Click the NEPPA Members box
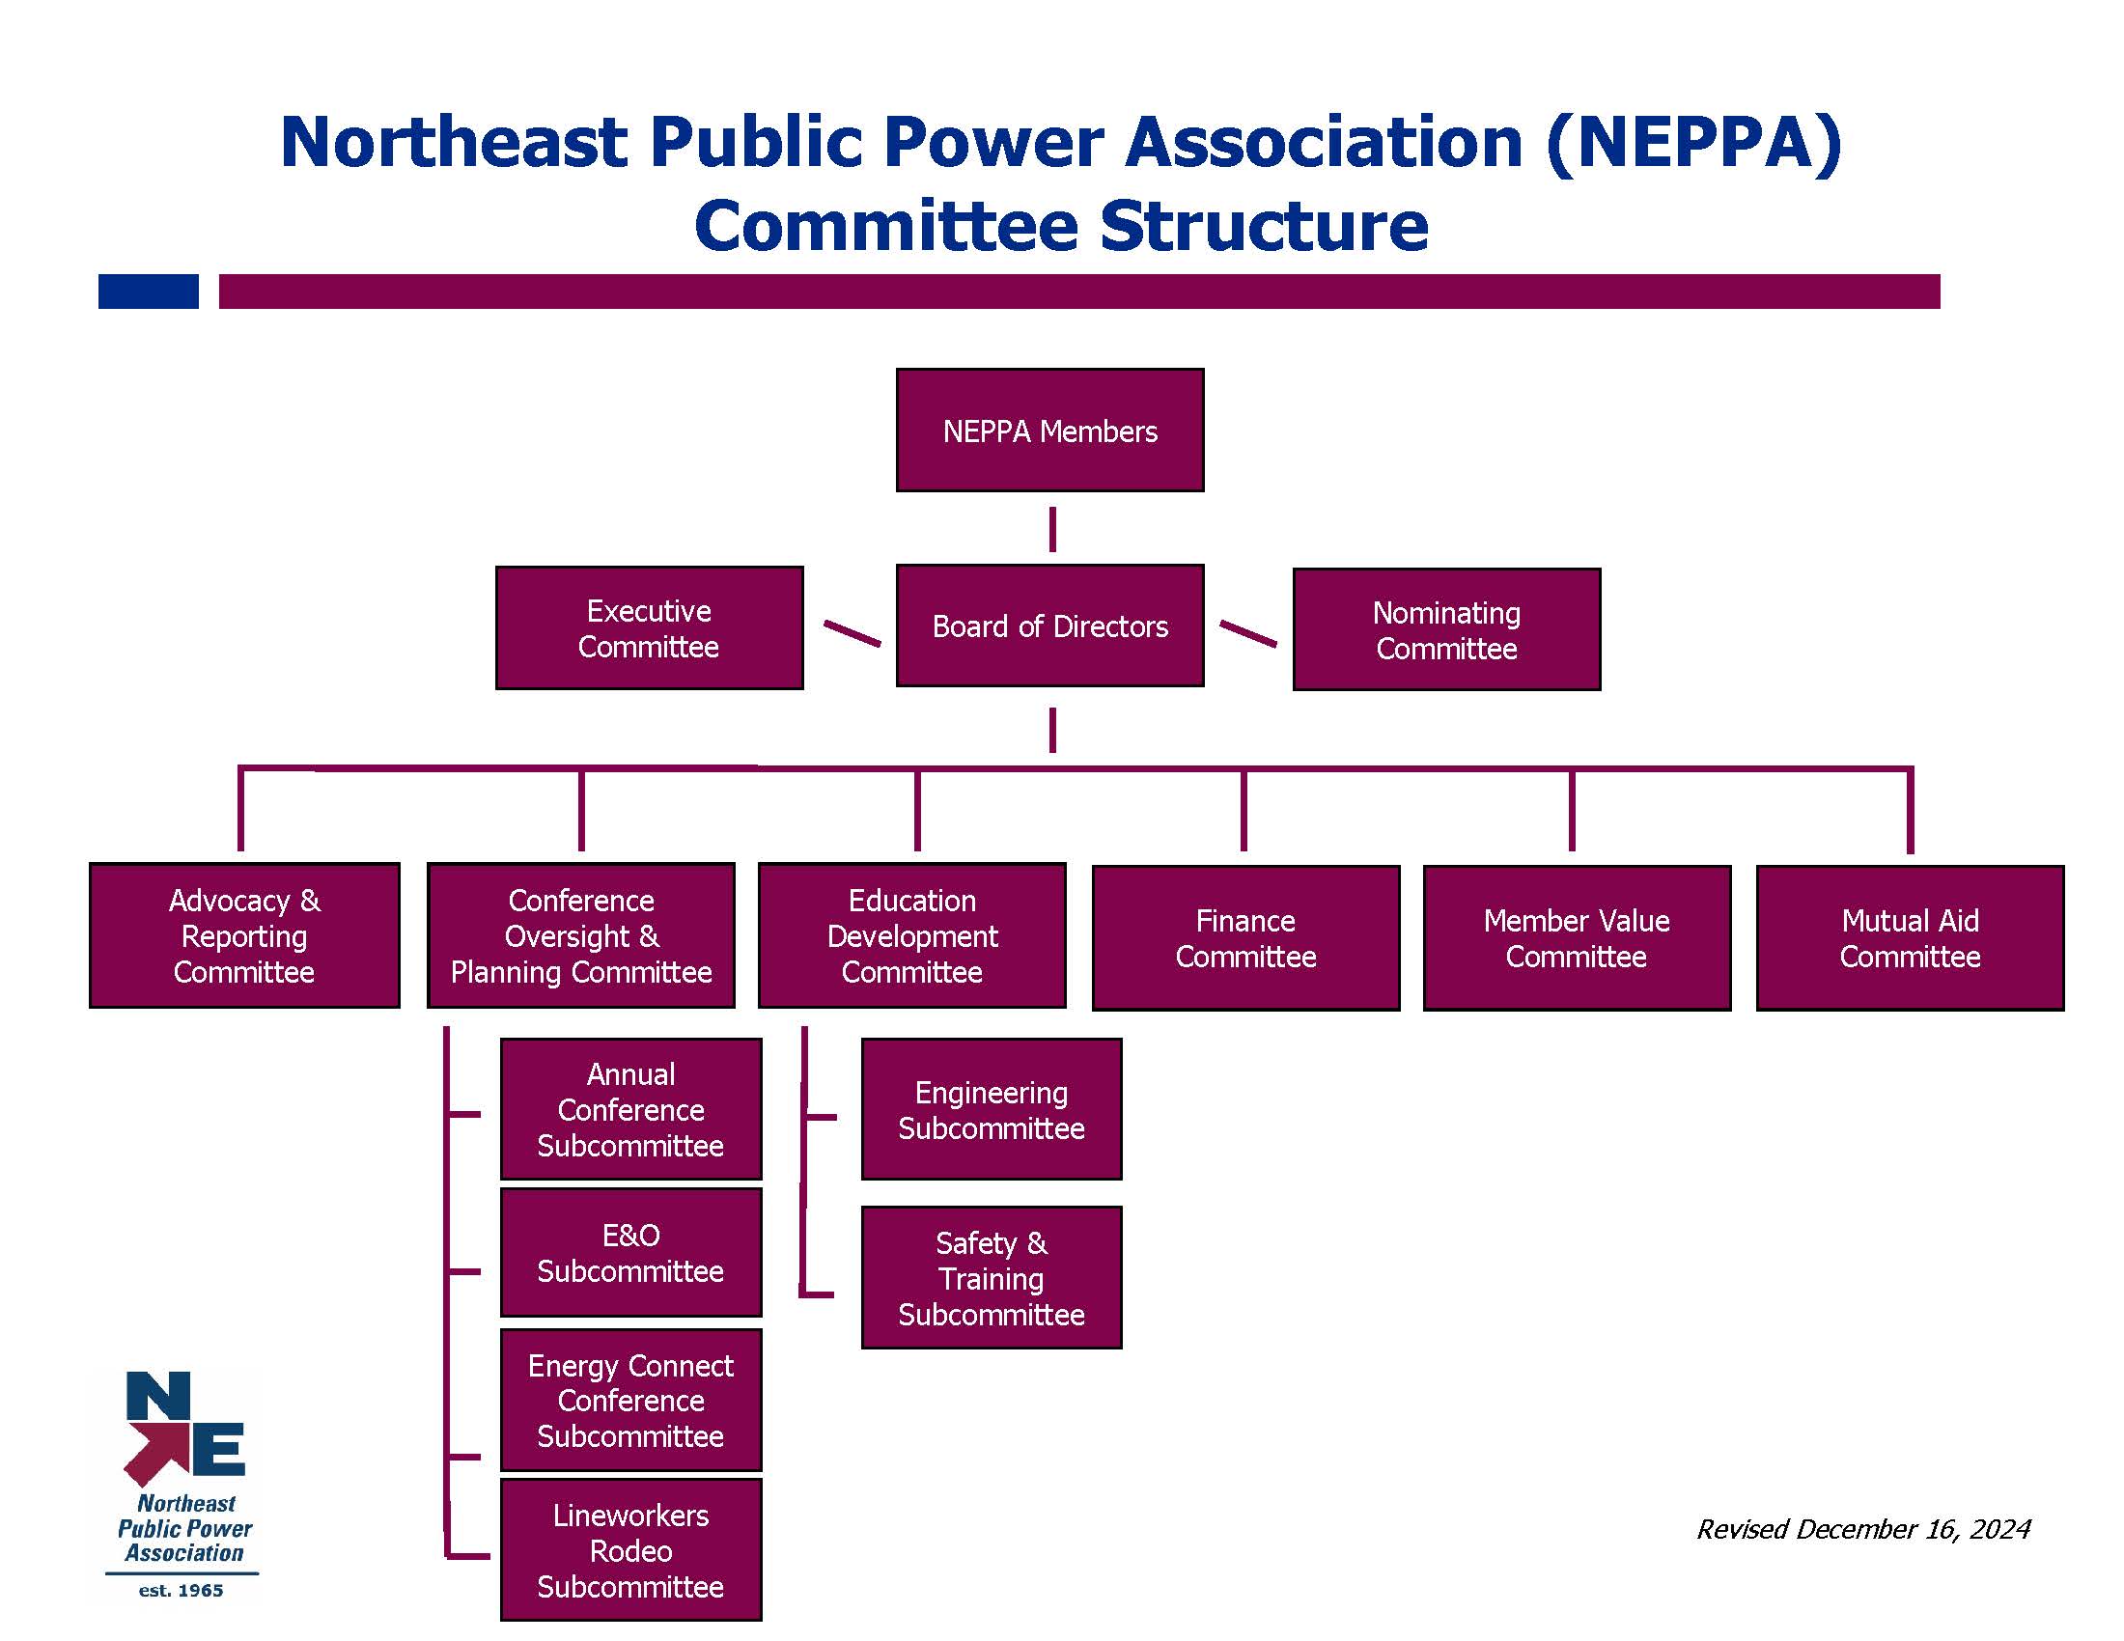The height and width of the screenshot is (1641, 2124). [1049, 430]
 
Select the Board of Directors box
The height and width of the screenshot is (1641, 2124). [1049, 626]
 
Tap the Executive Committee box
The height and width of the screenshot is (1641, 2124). [649, 628]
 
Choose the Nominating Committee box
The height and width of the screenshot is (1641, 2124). [1446, 630]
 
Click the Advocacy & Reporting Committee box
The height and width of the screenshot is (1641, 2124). [244, 935]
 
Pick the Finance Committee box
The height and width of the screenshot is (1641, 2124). [1245, 938]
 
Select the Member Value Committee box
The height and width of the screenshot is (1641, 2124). [1577, 938]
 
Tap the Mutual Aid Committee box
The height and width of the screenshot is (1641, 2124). [1910, 938]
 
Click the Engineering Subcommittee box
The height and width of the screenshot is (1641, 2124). [991, 1109]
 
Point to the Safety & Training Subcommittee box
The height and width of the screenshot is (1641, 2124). [991, 1277]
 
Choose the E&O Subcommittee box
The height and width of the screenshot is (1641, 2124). [630, 1252]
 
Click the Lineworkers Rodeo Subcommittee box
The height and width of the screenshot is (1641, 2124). [630, 1549]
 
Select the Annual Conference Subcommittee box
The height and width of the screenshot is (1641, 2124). [630, 1109]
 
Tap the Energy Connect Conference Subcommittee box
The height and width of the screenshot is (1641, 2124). [630, 1400]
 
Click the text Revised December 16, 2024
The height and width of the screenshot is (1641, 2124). [1863, 1529]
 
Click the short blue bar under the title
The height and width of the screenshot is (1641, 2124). [149, 292]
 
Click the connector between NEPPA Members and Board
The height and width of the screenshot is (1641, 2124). [1052, 529]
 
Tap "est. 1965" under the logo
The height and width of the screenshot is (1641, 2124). [181, 1591]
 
